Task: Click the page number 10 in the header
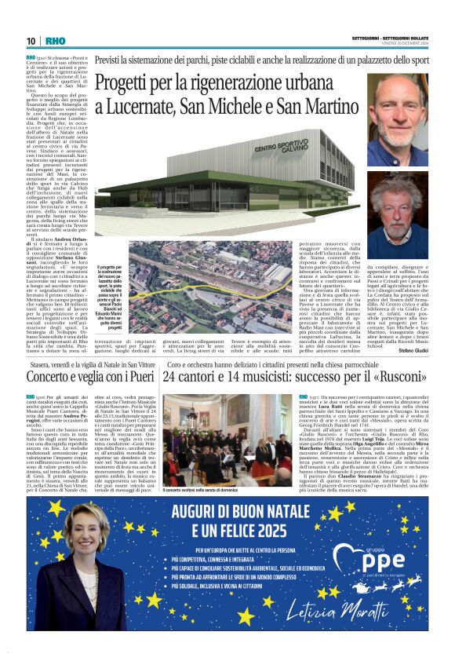tap(31, 41)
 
